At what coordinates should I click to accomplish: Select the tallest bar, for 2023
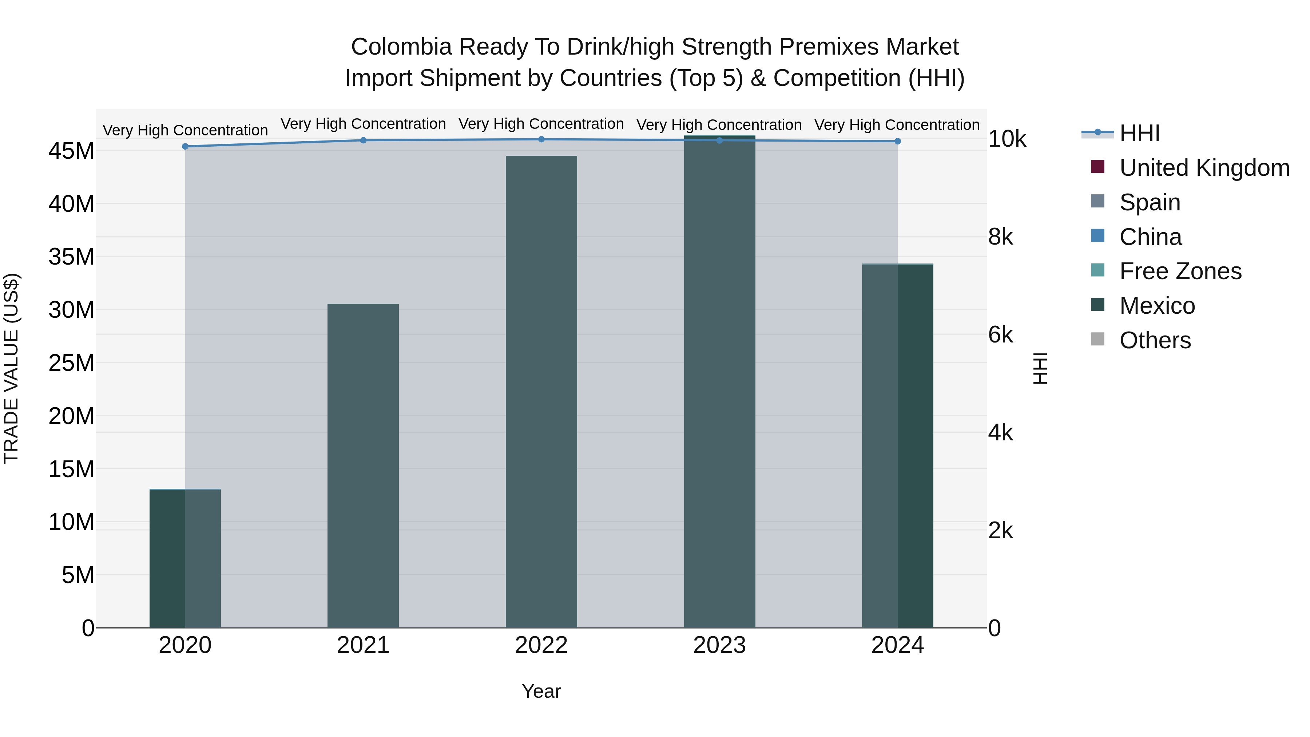coord(719,381)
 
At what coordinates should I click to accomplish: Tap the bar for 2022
coord(541,392)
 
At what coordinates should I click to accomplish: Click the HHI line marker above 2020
coord(185,146)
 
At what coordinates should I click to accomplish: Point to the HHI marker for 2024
coord(898,142)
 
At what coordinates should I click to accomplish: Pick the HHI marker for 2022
coord(541,139)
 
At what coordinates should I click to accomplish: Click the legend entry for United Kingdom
coord(1204,168)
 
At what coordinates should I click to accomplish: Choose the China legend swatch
coord(1098,236)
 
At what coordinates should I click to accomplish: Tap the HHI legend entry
coord(1139,133)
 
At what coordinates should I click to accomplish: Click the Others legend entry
coord(1154,340)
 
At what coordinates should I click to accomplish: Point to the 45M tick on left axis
coord(71,151)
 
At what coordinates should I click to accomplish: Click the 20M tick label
coord(71,416)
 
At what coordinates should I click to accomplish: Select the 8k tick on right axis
coord(1000,237)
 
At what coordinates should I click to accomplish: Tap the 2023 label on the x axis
coord(719,645)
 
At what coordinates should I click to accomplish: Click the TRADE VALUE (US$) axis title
coord(11,368)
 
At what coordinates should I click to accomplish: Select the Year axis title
coord(541,691)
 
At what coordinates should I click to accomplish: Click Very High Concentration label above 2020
coord(185,130)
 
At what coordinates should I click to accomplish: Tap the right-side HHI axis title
coord(1040,368)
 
